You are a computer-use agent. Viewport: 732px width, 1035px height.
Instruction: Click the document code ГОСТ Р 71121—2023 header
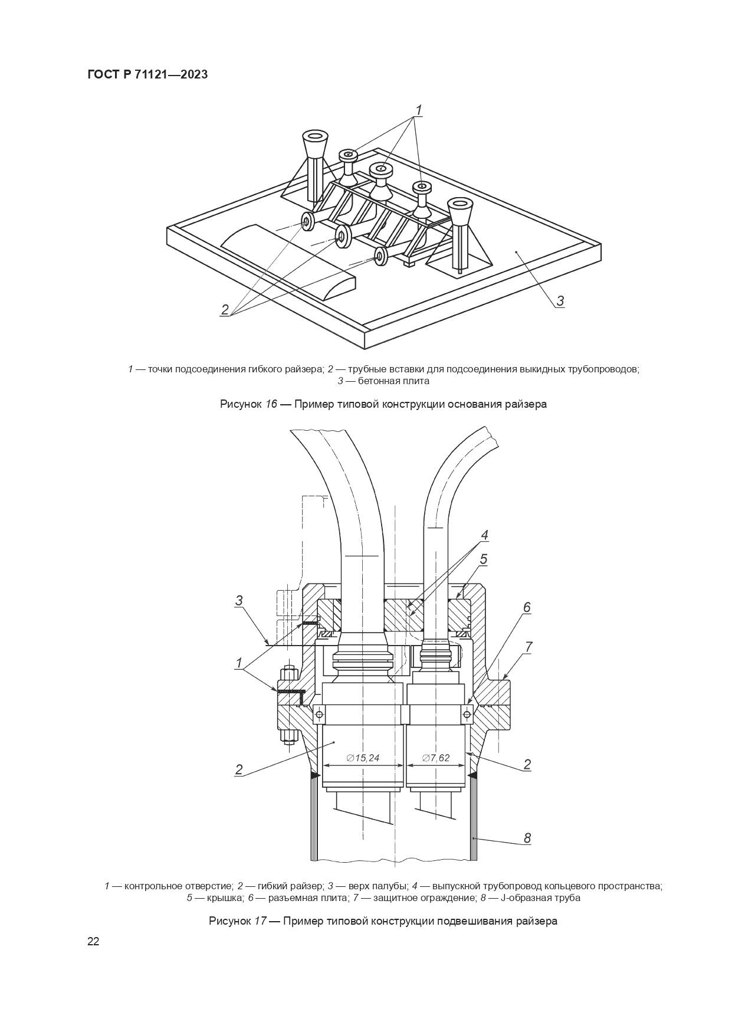pyautogui.click(x=147, y=75)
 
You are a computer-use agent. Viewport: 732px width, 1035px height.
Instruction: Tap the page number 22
pyautogui.click(x=93, y=941)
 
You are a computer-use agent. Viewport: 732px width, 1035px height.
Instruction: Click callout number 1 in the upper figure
pyautogui.click(x=418, y=110)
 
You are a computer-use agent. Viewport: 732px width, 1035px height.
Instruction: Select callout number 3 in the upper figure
pyautogui.click(x=560, y=300)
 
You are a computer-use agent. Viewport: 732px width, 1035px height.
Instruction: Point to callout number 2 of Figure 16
pyautogui.click(x=225, y=309)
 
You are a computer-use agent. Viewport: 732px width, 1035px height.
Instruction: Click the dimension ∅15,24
pyautogui.click(x=363, y=758)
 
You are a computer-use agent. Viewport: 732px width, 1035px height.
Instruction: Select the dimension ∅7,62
pyautogui.click(x=436, y=758)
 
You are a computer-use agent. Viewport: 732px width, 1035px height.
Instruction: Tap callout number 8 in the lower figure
pyautogui.click(x=527, y=838)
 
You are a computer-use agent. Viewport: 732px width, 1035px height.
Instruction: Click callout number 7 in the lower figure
pyautogui.click(x=529, y=647)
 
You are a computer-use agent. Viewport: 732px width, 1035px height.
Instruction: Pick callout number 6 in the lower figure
pyautogui.click(x=527, y=607)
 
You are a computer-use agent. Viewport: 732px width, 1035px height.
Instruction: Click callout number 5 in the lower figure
pyautogui.click(x=483, y=559)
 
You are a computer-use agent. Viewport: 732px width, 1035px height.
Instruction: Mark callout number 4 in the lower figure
pyautogui.click(x=484, y=535)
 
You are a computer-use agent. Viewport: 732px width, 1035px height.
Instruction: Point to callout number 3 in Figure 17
pyautogui.click(x=239, y=601)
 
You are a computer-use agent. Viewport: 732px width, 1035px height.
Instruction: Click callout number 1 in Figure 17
pyautogui.click(x=239, y=663)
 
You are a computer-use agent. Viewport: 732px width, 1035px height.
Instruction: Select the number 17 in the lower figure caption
pyautogui.click(x=260, y=921)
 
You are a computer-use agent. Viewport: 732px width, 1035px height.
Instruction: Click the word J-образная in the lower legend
pyautogui.click(x=523, y=898)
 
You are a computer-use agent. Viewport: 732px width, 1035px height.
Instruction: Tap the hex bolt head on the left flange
pyautogui.click(x=288, y=672)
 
